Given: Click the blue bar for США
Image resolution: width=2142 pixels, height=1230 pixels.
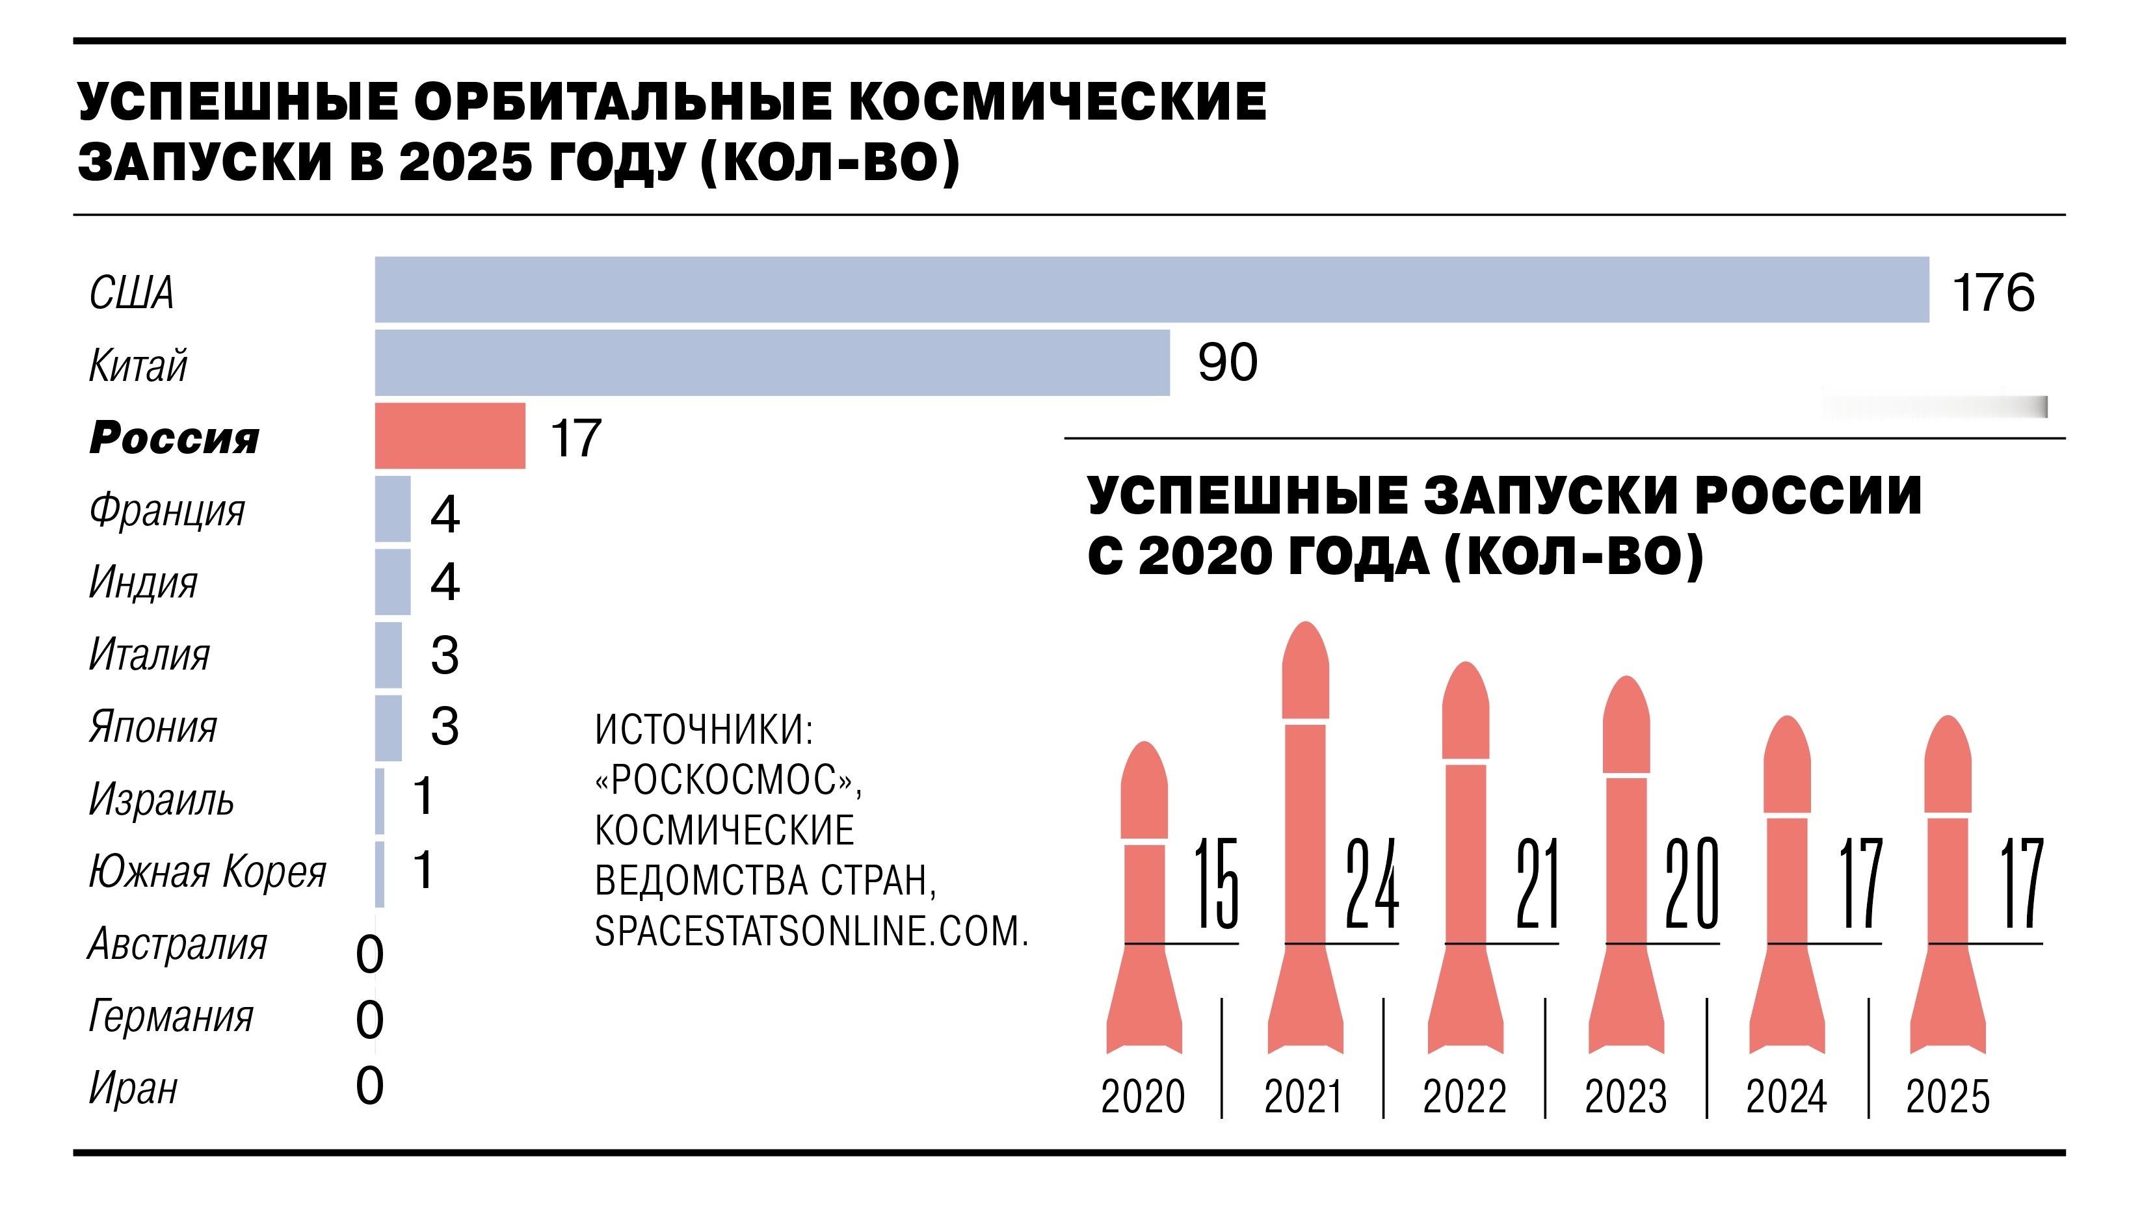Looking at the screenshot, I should click(1151, 290).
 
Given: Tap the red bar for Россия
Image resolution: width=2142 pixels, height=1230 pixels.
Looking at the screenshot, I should click(449, 436).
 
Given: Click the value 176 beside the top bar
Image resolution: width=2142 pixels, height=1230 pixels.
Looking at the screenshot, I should click(1992, 293).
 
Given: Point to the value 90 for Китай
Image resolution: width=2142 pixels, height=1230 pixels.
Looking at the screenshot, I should click(1227, 363).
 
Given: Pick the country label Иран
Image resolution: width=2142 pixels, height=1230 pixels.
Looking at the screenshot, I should click(133, 1088).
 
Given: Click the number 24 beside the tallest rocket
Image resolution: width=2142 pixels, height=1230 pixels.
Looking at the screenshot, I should click(1371, 883).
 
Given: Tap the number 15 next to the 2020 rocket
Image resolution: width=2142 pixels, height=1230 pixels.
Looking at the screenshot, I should click(1216, 883).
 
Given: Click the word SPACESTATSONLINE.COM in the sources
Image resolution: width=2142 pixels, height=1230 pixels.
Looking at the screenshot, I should click(811, 932).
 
